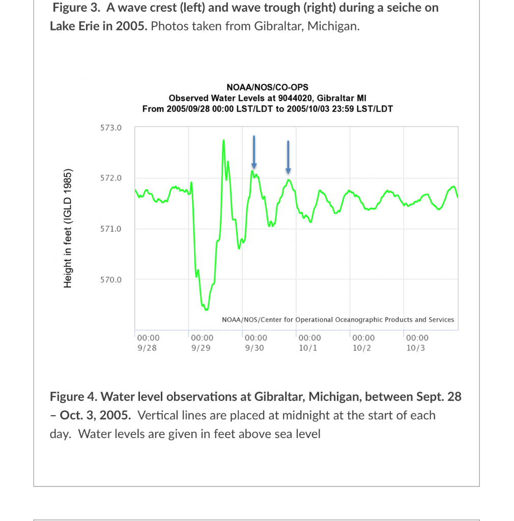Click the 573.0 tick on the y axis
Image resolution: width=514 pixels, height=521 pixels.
[110, 128]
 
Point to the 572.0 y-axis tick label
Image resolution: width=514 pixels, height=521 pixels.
[110, 178]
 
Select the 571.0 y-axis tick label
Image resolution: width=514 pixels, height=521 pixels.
[110, 229]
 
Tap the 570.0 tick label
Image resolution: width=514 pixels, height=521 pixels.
[110, 279]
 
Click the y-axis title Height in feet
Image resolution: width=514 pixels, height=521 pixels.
[68, 227]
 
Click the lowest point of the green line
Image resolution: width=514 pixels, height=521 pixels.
[206, 309]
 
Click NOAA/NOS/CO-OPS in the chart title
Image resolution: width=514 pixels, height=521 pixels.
[267, 88]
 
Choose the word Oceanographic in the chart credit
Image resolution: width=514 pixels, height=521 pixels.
[356, 320]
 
